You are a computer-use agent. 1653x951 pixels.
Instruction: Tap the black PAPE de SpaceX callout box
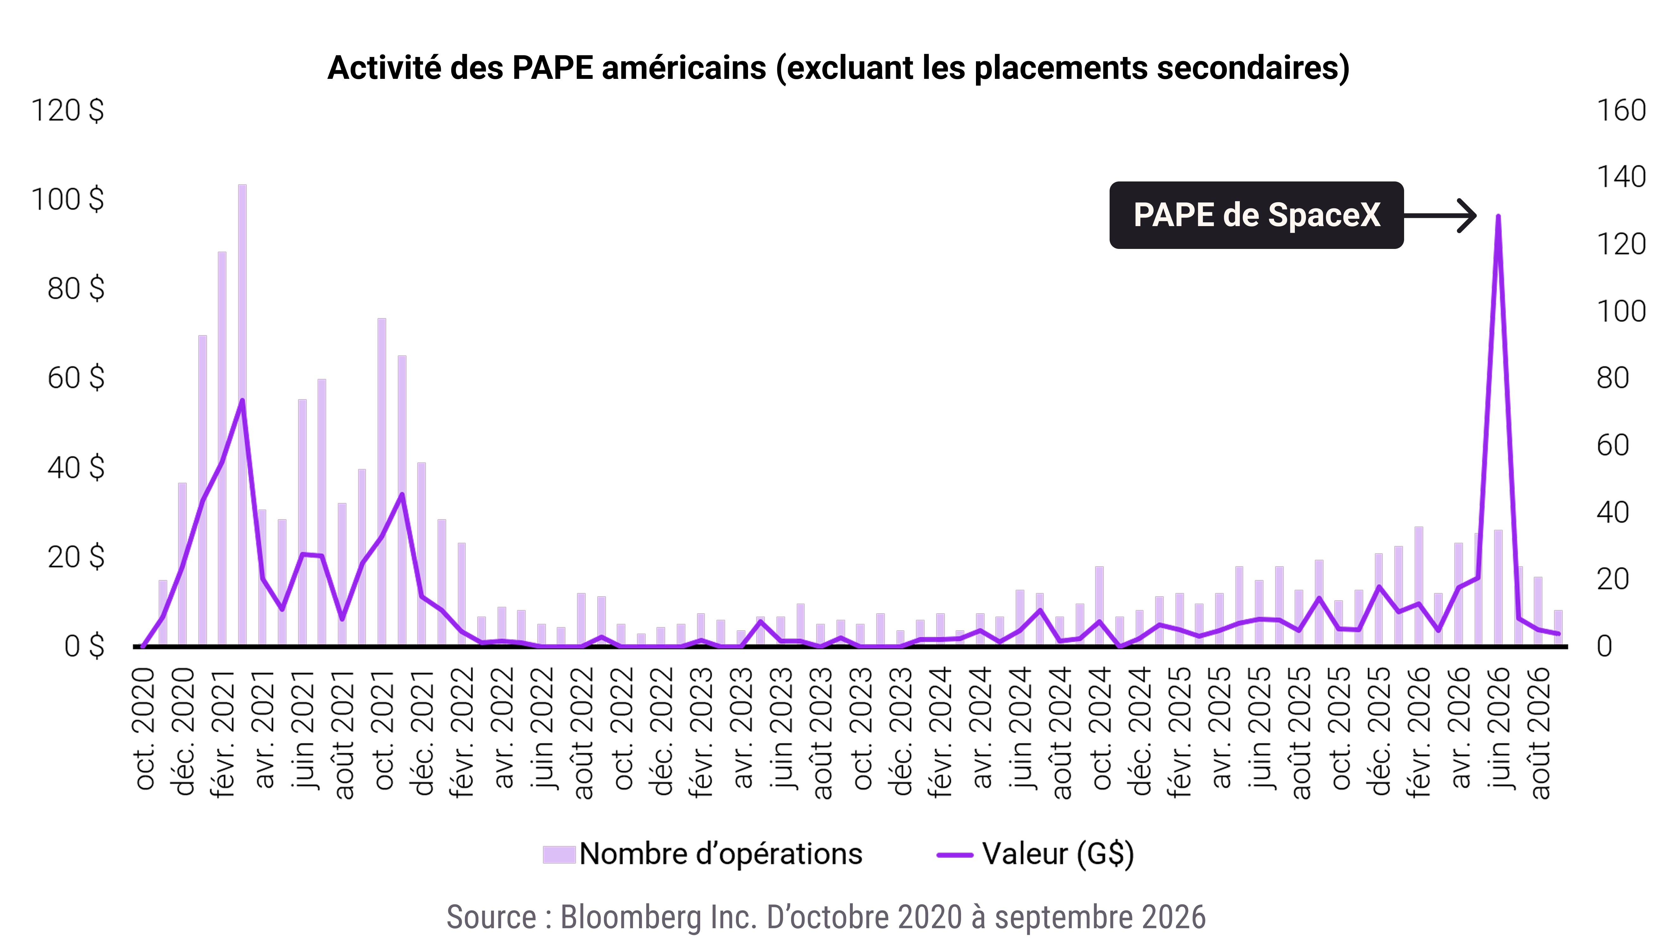[x=1256, y=215]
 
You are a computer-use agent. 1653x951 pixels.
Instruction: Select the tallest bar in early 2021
[x=242, y=415]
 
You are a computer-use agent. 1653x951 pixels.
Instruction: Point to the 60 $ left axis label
[x=76, y=378]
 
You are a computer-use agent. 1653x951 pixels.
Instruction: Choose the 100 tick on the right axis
[x=1621, y=312]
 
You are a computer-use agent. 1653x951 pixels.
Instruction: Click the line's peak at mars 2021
[x=242, y=400]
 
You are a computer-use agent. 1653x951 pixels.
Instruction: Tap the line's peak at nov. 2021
[x=402, y=494]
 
